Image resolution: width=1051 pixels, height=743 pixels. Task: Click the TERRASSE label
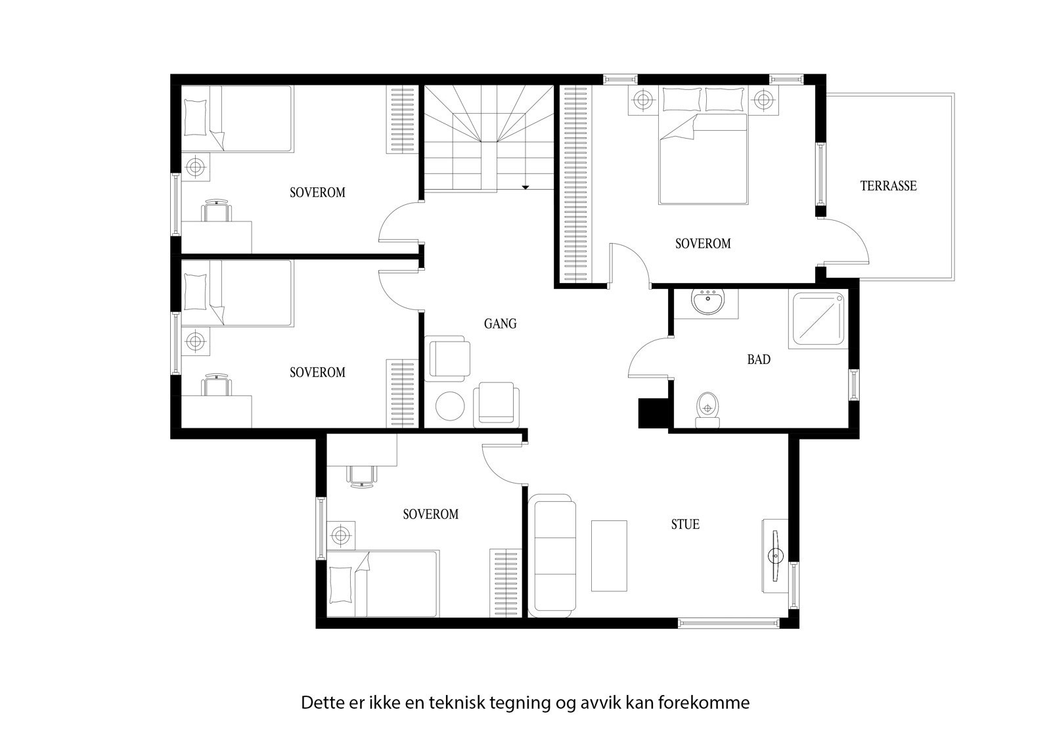tap(888, 186)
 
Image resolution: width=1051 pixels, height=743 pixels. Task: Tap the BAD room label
tap(758, 359)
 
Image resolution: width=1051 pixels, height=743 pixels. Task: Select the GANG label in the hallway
tap(500, 323)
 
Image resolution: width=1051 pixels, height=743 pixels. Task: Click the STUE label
tap(685, 524)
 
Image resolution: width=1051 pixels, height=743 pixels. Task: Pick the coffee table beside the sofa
tap(609, 556)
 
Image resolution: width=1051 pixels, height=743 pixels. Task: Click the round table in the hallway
tap(451, 407)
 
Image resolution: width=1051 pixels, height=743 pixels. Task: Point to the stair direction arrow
tap(525, 187)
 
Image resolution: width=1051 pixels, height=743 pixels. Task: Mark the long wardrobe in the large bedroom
tap(574, 184)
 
